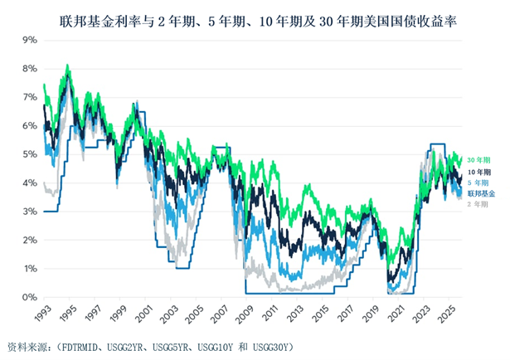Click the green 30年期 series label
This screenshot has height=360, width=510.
479,159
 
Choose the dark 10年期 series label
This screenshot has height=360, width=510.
479,172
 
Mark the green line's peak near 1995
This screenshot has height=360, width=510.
67,66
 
